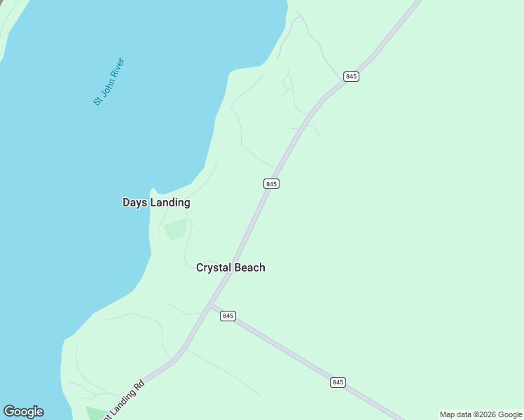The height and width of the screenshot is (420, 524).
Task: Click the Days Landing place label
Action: pos(156,202)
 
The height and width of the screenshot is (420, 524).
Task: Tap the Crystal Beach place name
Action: pos(230,267)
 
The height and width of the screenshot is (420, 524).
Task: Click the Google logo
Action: pos(23,412)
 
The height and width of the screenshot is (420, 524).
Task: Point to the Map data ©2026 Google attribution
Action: pos(481,414)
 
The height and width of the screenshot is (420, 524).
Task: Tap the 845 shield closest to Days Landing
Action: pos(272,183)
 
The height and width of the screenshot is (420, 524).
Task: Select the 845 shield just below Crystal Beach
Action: pos(227,316)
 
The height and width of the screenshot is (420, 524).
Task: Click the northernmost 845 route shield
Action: pos(352,76)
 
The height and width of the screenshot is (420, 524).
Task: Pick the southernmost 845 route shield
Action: pos(338,382)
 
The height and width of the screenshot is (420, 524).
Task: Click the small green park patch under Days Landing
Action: pos(176,228)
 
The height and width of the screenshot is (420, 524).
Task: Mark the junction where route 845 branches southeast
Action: pos(211,305)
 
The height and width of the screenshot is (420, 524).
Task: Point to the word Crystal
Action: pos(213,267)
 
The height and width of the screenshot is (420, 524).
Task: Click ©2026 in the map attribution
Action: pos(483,414)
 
